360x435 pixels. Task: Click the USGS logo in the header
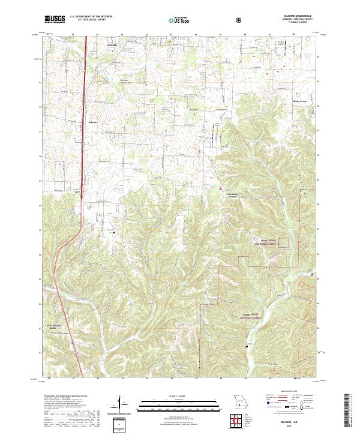pyautogui.click(x=55, y=19)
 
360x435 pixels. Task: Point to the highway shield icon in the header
pyautogui.click(x=240, y=19)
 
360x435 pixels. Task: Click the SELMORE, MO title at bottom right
pyautogui.click(x=288, y=422)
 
